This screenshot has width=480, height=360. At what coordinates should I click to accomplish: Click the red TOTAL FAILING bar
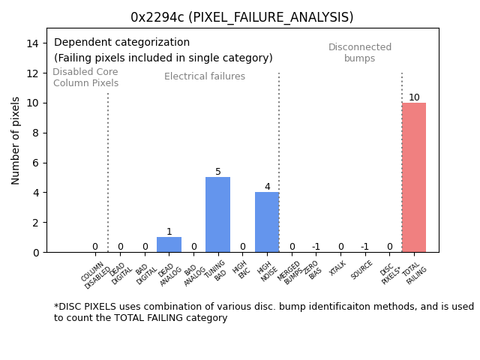pyautogui.click(x=414, y=178)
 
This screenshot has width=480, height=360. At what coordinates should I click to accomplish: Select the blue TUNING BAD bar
pyautogui.click(x=217, y=214)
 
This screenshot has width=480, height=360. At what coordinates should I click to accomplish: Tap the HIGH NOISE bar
pyautogui.click(x=267, y=222)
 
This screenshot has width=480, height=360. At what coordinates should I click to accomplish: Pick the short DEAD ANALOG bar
pyautogui.click(x=169, y=244)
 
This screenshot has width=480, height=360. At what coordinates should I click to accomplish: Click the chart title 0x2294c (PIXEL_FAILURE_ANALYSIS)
pyautogui.click(x=241, y=17)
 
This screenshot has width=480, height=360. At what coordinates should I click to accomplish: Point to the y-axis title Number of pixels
pyautogui.click(x=16, y=140)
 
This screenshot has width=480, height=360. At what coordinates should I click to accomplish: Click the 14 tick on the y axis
pyautogui.click(x=32, y=43)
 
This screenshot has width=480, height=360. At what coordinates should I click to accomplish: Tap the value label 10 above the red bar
pyautogui.click(x=414, y=97)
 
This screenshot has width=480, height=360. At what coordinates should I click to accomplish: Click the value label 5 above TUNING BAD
pyautogui.click(x=218, y=172)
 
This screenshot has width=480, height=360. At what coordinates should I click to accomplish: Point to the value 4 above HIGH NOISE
pyautogui.click(x=267, y=187)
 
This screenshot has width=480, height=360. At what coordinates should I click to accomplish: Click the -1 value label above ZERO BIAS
pyautogui.click(x=316, y=247)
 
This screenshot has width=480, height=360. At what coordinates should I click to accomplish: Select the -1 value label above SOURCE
pyautogui.click(x=364, y=247)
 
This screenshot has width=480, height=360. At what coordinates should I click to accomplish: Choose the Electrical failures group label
pyautogui.click(x=205, y=76)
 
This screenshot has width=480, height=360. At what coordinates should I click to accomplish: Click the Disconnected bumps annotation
pyautogui.click(x=360, y=52)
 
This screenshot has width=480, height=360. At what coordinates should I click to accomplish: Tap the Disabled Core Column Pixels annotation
pyautogui.click(x=85, y=77)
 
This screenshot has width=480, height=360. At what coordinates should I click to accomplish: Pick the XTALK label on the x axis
pyautogui.click(x=339, y=269)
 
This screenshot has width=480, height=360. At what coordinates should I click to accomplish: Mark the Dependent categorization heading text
pyautogui.click(x=121, y=43)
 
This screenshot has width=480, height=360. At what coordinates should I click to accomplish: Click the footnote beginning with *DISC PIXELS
pyautogui.click(x=263, y=312)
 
